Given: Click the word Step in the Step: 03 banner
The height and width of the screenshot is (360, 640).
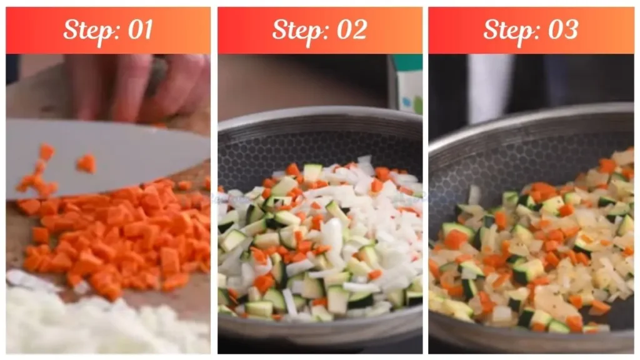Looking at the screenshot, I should coord(505,30).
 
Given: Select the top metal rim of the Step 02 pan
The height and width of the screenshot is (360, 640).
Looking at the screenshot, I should coord(319,116).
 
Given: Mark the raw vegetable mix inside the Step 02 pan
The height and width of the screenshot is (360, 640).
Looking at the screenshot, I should coord(319,244).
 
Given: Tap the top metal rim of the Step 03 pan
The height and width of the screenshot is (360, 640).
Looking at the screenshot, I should coord(531,114).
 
